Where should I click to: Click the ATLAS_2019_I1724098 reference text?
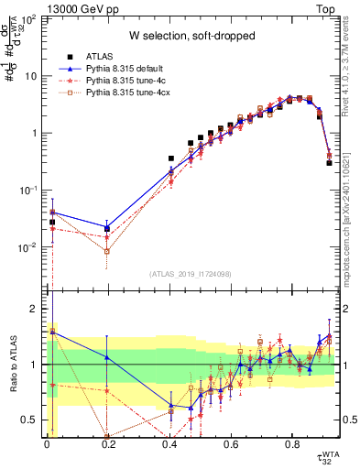(190, 274)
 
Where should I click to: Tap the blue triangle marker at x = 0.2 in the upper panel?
(108, 227)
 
